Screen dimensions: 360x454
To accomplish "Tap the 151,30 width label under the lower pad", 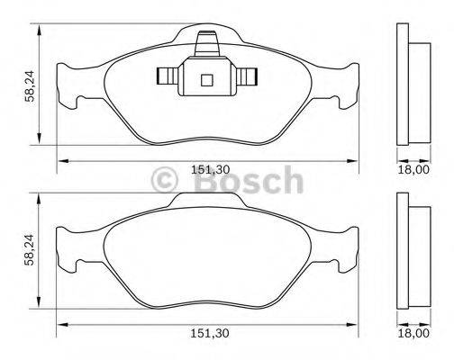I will (x=210, y=333).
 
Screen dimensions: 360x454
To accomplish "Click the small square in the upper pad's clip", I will (x=206, y=78).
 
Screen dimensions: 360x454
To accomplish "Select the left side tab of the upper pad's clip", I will (x=167, y=75).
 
